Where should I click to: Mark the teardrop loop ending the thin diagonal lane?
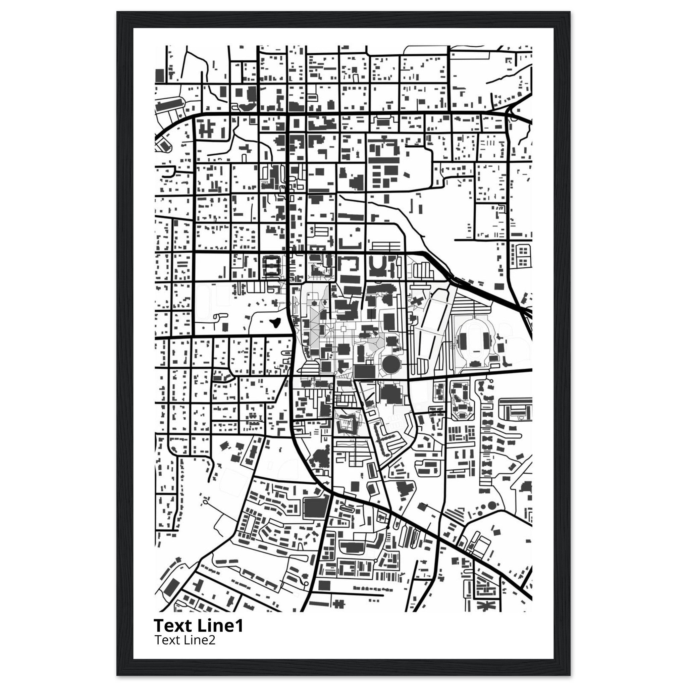click(x=205, y=503)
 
